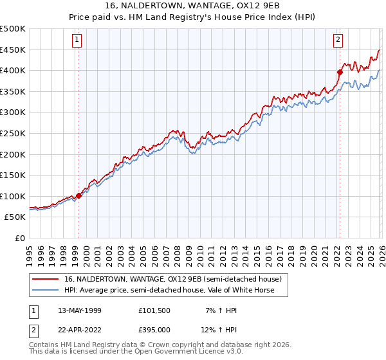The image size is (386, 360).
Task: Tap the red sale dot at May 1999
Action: click(x=78, y=195)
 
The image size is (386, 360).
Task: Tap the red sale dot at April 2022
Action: click(x=340, y=73)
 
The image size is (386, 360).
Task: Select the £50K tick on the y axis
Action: click(x=15, y=217)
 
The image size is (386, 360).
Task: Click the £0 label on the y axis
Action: click(x=21, y=238)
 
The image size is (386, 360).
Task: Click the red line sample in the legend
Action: click(x=46, y=280)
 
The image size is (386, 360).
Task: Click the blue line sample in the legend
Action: click(x=46, y=290)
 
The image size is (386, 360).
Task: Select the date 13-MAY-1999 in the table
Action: click(x=79, y=310)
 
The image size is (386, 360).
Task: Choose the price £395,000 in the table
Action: click(x=154, y=329)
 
